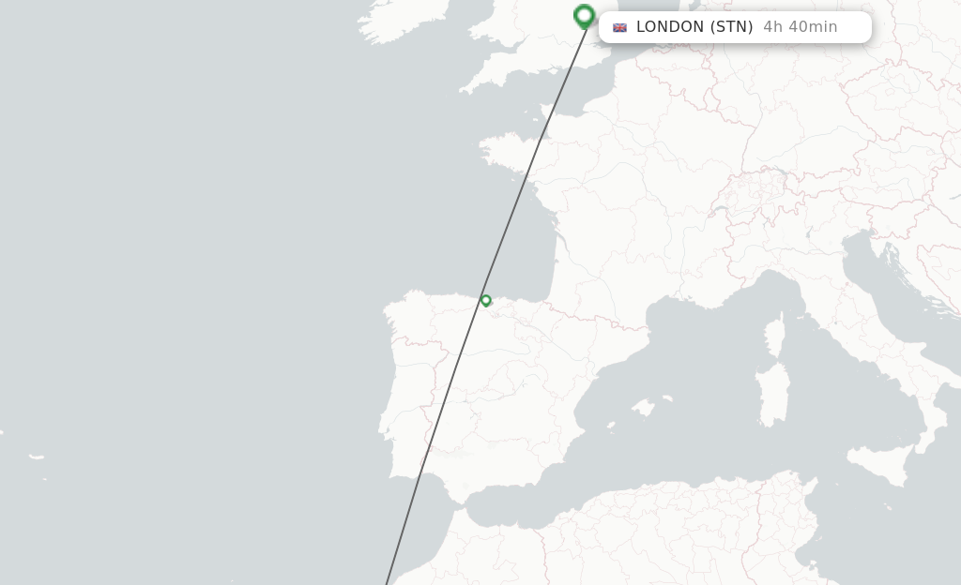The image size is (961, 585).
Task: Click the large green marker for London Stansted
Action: coord(584,15)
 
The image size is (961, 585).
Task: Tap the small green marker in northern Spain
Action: coord(486,301)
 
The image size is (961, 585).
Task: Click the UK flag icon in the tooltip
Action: coord(619,27)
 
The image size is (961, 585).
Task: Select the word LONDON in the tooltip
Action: coord(669,27)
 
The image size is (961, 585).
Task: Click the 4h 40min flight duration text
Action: coord(800,27)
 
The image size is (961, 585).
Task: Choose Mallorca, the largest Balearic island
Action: coord(643,409)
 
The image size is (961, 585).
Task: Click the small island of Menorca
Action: coord(668,397)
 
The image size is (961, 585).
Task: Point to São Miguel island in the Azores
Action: coord(37,457)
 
